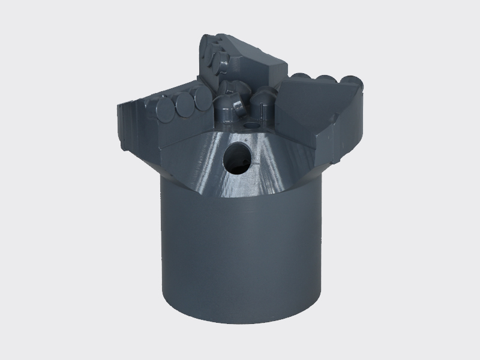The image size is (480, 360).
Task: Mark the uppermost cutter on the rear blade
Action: [211, 43]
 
